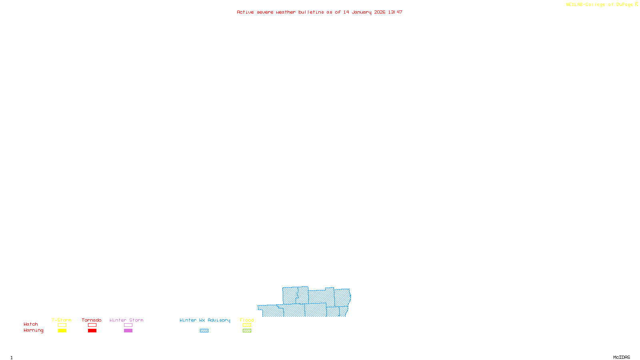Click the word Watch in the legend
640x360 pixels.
(31, 324)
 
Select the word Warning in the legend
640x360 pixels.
(33, 330)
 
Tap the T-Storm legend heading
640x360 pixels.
(62, 320)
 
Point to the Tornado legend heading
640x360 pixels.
(92, 320)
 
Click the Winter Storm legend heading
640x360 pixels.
(126, 320)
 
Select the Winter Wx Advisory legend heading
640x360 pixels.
(205, 320)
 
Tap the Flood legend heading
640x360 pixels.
(247, 320)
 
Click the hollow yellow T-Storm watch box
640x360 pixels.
(62, 325)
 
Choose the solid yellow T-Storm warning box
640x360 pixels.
(62, 331)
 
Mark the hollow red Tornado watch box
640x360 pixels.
(92, 325)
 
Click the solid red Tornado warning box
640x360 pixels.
(92, 331)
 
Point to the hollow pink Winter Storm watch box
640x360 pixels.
(128, 325)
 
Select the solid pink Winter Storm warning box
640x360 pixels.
(128, 331)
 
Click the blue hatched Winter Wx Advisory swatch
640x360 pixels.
(204, 331)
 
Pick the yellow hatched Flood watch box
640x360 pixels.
(247, 325)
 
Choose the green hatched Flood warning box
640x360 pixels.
(247, 331)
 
